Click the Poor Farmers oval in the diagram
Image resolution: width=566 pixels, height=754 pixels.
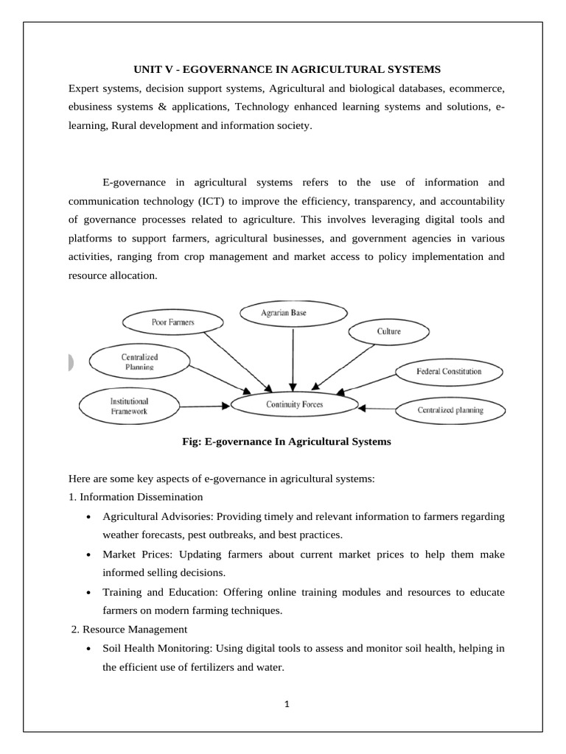[x=162, y=322]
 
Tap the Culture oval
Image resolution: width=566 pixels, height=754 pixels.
[x=388, y=331]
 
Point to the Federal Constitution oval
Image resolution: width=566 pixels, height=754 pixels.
[x=449, y=371]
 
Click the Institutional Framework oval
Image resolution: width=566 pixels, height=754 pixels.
[x=129, y=406]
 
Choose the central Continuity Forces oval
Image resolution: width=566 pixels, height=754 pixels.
[x=294, y=404]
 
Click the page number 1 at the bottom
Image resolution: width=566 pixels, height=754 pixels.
[x=287, y=704]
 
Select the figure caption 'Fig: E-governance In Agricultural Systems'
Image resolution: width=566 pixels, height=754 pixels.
[x=286, y=442]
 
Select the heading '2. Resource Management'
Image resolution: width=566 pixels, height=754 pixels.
[x=129, y=630]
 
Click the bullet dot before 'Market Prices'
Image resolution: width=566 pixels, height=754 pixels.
[x=88, y=554]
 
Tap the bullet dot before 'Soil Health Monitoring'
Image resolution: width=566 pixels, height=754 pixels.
[x=88, y=649]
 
